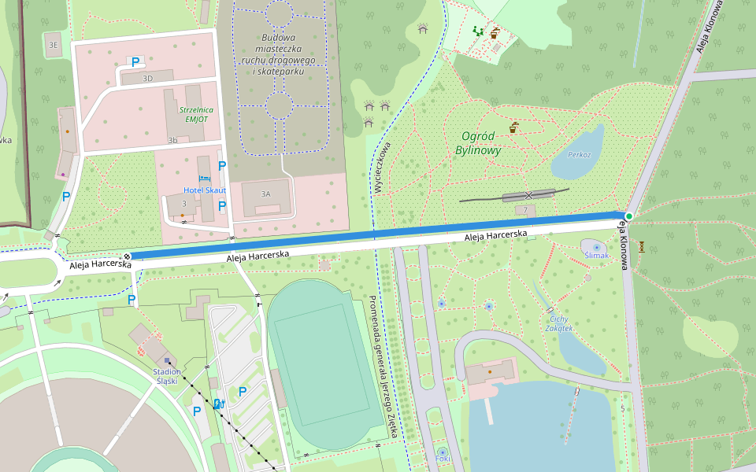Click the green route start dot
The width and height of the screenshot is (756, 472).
tap(628, 216)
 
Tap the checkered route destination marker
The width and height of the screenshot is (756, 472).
tap(126, 256)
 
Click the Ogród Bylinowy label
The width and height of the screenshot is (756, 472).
tap(477, 142)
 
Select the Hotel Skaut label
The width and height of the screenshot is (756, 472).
tap(203, 190)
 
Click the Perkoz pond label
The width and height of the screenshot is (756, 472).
tap(579, 154)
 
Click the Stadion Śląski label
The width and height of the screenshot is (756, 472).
tap(167, 376)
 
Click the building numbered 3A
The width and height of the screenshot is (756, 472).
tap(266, 193)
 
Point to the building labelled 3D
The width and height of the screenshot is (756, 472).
tap(146, 79)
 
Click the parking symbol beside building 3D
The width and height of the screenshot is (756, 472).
tap(135, 61)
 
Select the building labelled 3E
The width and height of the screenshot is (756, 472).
tap(54, 45)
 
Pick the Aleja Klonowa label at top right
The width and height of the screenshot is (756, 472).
tap(708, 28)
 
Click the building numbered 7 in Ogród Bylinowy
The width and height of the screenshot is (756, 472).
tap(524, 209)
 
